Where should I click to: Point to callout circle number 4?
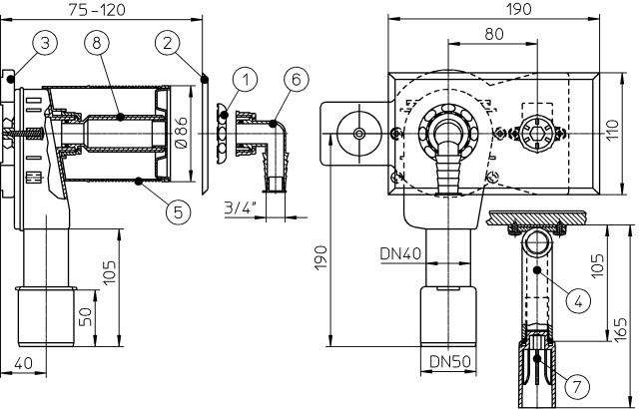(x=574, y=297)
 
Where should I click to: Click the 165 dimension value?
(x=622, y=328)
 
